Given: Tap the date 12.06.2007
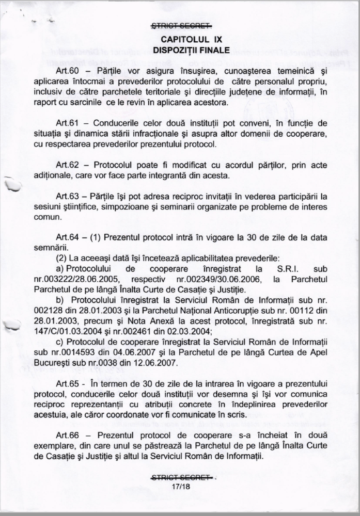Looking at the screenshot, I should click(x=146, y=361).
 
